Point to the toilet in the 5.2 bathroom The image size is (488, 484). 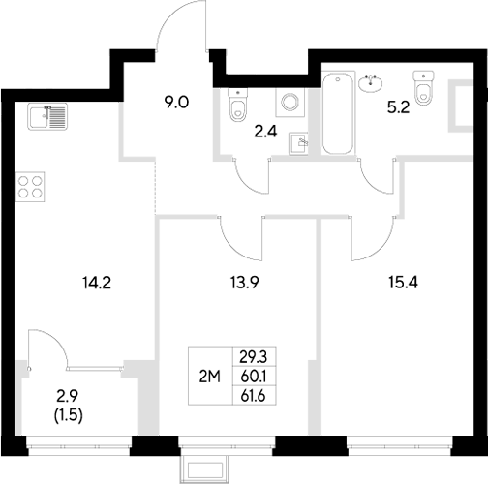click(422, 86)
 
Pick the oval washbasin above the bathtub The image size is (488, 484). click(369, 83)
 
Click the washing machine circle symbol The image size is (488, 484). click(288, 102)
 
